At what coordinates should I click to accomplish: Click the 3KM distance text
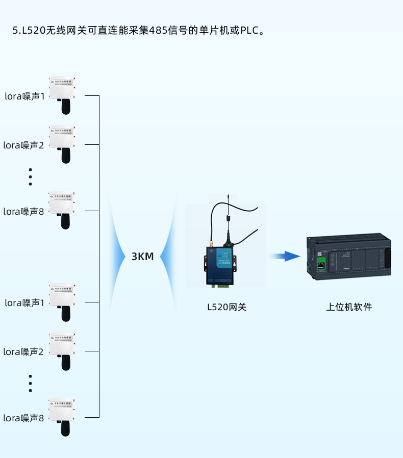click(142, 257)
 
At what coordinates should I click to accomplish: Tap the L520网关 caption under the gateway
click(226, 307)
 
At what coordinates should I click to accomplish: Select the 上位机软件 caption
click(349, 307)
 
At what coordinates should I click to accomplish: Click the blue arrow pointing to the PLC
click(285, 256)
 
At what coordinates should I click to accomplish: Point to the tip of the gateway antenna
click(229, 195)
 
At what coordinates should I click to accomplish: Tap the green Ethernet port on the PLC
click(321, 264)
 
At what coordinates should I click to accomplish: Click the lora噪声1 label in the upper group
click(24, 96)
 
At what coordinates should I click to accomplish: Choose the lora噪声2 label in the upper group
click(24, 145)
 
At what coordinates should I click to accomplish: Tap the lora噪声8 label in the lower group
click(24, 418)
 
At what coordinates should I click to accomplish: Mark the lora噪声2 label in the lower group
click(24, 351)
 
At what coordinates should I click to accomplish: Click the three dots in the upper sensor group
click(31, 176)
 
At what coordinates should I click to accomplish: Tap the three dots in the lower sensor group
click(31, 384)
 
